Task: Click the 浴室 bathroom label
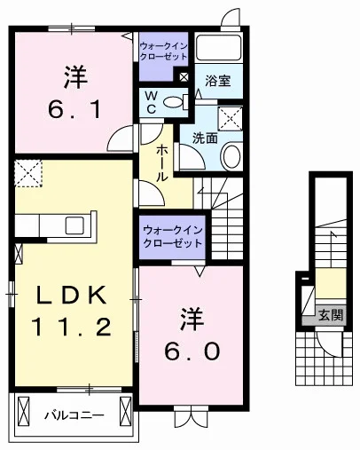(x=218, y=81)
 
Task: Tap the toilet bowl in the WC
(x=174, y=102)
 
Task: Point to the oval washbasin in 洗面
(x=232, y=156)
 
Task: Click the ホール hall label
(x=161, y=163)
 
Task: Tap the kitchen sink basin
(x=74, y=225)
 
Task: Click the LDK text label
(x=71, y=295)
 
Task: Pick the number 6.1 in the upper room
(x=75, y=109)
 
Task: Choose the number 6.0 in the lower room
(x=192, y=351)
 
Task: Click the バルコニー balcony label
(x=74, y=415)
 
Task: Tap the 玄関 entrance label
(x=331, y=315)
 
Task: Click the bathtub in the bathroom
(x=219, y=47)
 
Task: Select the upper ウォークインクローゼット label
(x=163, y=51)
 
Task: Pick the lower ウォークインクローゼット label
(x=172, y=238)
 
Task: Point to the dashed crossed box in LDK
(x=28, y=173)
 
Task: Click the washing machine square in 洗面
(x=231, y=119)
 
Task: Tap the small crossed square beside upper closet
(x=184, y=77)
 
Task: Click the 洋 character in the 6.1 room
(x=75, y=77)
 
